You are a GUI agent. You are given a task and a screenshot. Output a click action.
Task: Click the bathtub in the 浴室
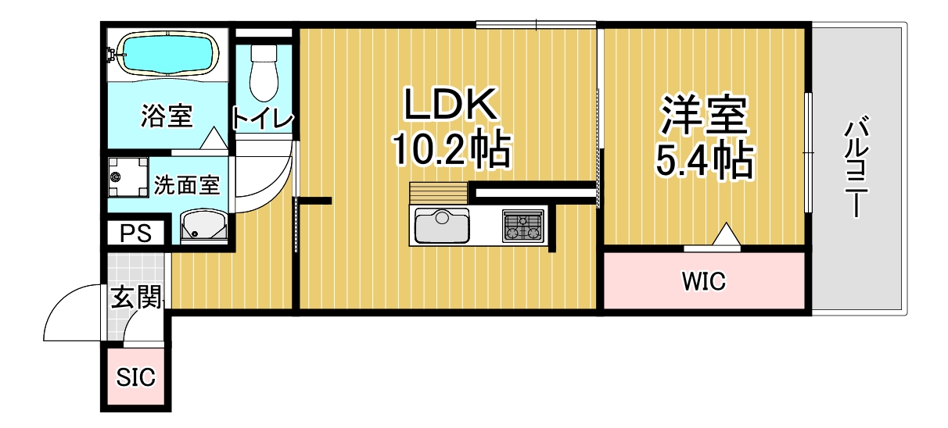(167, 55)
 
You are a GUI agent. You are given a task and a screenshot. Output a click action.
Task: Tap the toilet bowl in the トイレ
(264, 73)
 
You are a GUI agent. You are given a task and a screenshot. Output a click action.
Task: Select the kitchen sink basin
(442, 226)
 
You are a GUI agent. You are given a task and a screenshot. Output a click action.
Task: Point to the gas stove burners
(523, 226)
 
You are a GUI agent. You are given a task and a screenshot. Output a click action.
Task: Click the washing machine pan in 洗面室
(128, 177)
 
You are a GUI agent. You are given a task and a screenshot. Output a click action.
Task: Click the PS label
(135, 234)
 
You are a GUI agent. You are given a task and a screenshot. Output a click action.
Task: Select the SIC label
(135, 377)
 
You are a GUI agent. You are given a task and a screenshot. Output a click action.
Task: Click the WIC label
(704, 281)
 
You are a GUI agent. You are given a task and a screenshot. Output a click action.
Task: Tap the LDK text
(451, 104)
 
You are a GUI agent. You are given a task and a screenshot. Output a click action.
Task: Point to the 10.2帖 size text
(451, 149)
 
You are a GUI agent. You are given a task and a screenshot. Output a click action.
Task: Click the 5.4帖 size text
(704, 161)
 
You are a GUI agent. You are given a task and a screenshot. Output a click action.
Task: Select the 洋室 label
(705, 116)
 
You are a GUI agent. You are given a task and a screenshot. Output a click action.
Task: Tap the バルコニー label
(856, 166)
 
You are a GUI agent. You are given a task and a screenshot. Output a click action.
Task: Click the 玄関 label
(136, 298)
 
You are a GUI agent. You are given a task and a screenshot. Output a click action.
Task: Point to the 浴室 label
(167, 116)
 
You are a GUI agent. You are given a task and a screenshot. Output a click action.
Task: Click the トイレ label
(262, 118)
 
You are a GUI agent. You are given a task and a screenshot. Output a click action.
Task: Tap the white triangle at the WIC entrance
(727, 234)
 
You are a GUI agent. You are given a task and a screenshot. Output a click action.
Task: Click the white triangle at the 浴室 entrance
(214, 137)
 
